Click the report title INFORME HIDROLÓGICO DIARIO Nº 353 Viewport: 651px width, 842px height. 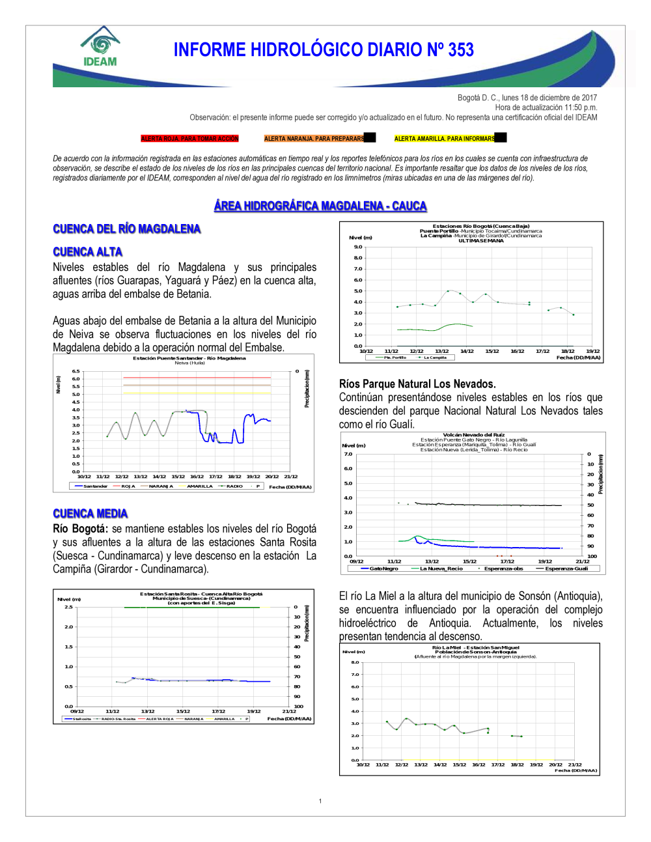324,50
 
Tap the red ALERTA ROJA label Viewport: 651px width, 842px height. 190,139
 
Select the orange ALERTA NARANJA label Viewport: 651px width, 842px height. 314,139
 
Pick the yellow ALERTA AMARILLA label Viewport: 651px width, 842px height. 445,139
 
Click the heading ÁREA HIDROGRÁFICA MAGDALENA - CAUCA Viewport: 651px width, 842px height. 320,206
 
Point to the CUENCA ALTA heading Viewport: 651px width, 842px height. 87,252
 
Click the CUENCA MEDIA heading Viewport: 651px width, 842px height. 90,514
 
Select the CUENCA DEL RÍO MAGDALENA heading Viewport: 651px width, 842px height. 126,229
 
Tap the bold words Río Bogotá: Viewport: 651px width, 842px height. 79,529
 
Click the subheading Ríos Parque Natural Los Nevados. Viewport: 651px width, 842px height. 417,384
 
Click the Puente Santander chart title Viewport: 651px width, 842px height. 189,358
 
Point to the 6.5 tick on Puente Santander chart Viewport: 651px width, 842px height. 76,371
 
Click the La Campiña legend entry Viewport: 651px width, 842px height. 435,358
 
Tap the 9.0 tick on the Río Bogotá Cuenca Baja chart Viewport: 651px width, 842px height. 358,247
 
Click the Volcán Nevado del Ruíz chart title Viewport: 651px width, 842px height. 474,434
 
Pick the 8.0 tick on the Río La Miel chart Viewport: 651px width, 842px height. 355,662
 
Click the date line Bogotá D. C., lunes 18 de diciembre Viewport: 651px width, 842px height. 527,98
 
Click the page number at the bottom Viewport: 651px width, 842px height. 320,801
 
